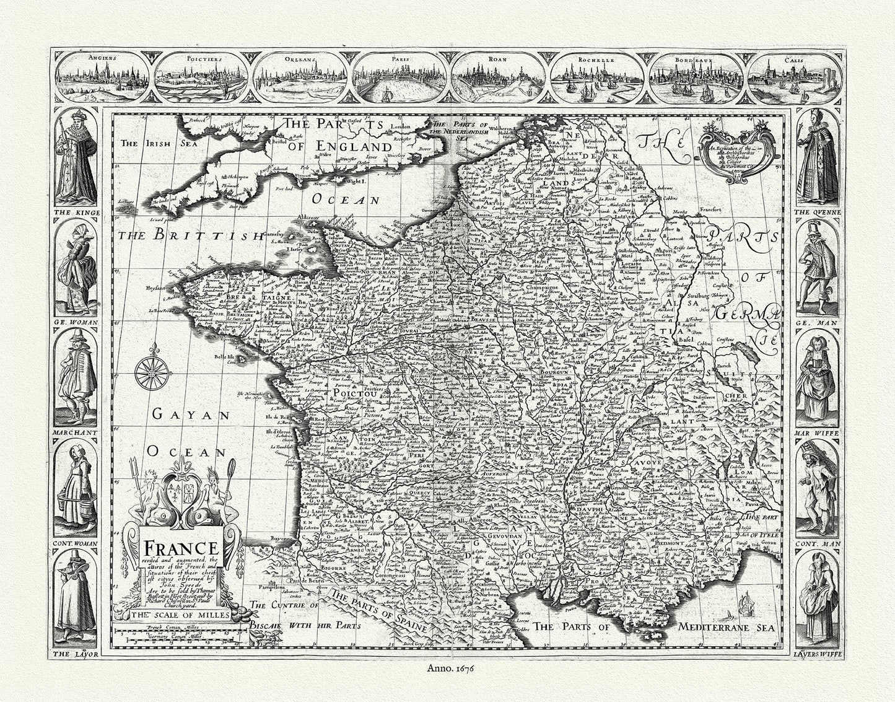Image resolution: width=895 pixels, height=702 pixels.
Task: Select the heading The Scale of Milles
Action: point(180,615)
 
